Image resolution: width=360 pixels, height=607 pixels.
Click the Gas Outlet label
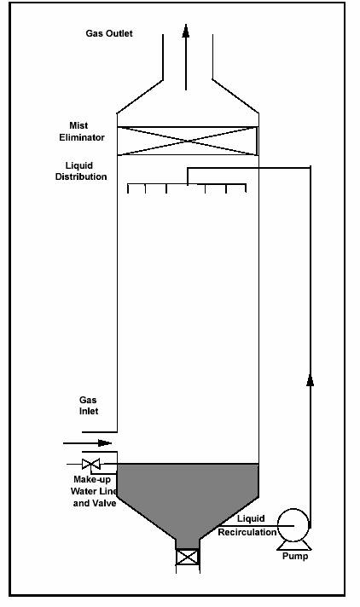coord(109,34)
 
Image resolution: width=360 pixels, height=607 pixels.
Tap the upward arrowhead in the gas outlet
coord(186,31)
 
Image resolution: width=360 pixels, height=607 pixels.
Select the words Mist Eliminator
coord(82,131)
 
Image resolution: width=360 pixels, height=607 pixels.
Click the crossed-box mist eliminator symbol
coord(188,141)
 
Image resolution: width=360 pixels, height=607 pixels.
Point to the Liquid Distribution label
coord(81,171)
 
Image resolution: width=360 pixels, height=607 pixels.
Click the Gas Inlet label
coord(89,405)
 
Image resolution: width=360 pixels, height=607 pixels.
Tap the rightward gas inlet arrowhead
coord(105,442)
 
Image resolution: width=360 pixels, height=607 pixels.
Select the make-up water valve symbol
coord(91,464)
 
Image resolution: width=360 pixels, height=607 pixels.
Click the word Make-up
coord(92,480)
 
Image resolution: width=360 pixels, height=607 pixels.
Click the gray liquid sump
coord(188,500)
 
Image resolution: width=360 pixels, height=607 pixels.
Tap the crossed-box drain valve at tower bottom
coord(188,558)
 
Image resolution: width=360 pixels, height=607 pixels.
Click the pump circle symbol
coord(293,525)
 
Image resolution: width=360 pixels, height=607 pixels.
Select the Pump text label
coord(295,557)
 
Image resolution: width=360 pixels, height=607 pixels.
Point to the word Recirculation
coord(247,532)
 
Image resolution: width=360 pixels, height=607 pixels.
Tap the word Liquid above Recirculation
coord(251,518)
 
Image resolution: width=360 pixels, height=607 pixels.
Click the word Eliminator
coord(82,137)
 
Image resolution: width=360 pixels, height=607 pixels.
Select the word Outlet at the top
coord(120,34)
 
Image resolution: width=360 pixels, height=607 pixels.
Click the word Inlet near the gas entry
coord(89,411)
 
